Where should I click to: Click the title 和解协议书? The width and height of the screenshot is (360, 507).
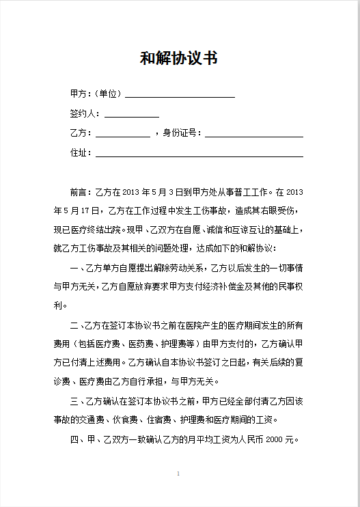click(179, 58)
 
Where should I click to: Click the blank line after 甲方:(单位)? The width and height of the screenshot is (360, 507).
click(180, 96)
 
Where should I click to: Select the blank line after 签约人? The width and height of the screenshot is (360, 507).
click(131, 116)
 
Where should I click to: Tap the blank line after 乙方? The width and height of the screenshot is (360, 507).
click(122, 135)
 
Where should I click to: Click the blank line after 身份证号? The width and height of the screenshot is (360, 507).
click(253, 135)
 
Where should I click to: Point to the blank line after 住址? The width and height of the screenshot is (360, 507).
click(198, 155)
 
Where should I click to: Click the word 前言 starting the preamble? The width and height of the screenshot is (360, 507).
click(79, 191)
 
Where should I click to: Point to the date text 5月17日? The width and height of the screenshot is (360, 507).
click(78, 210)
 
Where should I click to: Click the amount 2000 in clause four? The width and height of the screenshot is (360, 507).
click(275, 439)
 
